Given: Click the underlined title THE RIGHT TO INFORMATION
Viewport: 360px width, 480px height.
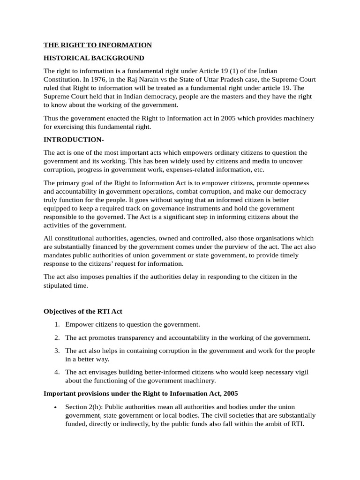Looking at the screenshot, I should coord(97,45).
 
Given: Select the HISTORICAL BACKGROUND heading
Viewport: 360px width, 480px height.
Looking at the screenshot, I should coord(94,58).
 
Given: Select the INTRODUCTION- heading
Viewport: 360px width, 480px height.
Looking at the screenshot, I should coord(73,140).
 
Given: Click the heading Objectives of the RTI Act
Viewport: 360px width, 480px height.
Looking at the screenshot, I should coord(82,311).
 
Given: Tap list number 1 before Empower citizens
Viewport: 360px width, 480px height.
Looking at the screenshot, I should coord(56,324).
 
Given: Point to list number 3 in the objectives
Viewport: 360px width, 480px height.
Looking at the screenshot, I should coord(56,351).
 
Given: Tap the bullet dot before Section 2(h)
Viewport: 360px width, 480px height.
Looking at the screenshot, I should coord(56,407).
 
